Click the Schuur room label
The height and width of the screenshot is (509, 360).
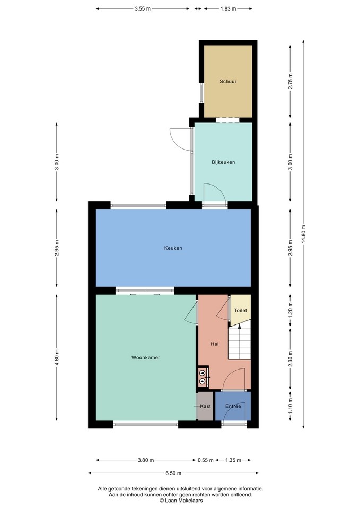[x=228, y=82]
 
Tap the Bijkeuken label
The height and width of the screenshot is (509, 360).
[x=223, y=162]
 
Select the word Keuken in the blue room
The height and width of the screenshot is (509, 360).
[x=173, y=248]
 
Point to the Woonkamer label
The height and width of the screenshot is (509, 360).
[x=145, y=358]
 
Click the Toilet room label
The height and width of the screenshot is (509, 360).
[x=241, y=310]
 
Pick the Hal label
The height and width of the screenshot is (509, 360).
[x=215, y=344]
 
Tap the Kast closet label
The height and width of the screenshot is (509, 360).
[x=206, y=406]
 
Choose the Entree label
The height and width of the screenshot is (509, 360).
[x=233, y=406]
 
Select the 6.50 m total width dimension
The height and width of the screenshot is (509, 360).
[x=173, y=473]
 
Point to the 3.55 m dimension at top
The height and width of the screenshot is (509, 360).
[x=143, y=9]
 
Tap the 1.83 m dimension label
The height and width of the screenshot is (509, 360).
[x=228, y=9]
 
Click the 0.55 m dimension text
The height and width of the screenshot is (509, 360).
[x=206, y=460]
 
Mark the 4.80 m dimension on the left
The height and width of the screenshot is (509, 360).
[x=57, y=358]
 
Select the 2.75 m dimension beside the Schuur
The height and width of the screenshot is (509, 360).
[x=290, y=82]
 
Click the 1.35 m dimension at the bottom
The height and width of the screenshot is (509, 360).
[x=233, y=460]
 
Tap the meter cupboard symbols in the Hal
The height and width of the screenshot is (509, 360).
[x=203, y=376]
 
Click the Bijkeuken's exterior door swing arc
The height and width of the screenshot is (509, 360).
[x=177, y=139]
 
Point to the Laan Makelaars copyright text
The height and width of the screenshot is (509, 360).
[x=181, y=501]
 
